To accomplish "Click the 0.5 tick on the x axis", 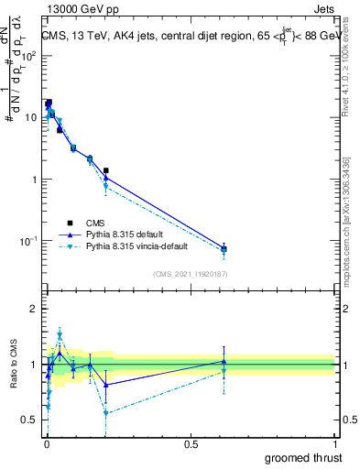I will tap(191, 443).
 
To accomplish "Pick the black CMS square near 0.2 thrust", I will tap(106, 170).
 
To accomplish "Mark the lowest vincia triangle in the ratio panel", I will tap(106, 413).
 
